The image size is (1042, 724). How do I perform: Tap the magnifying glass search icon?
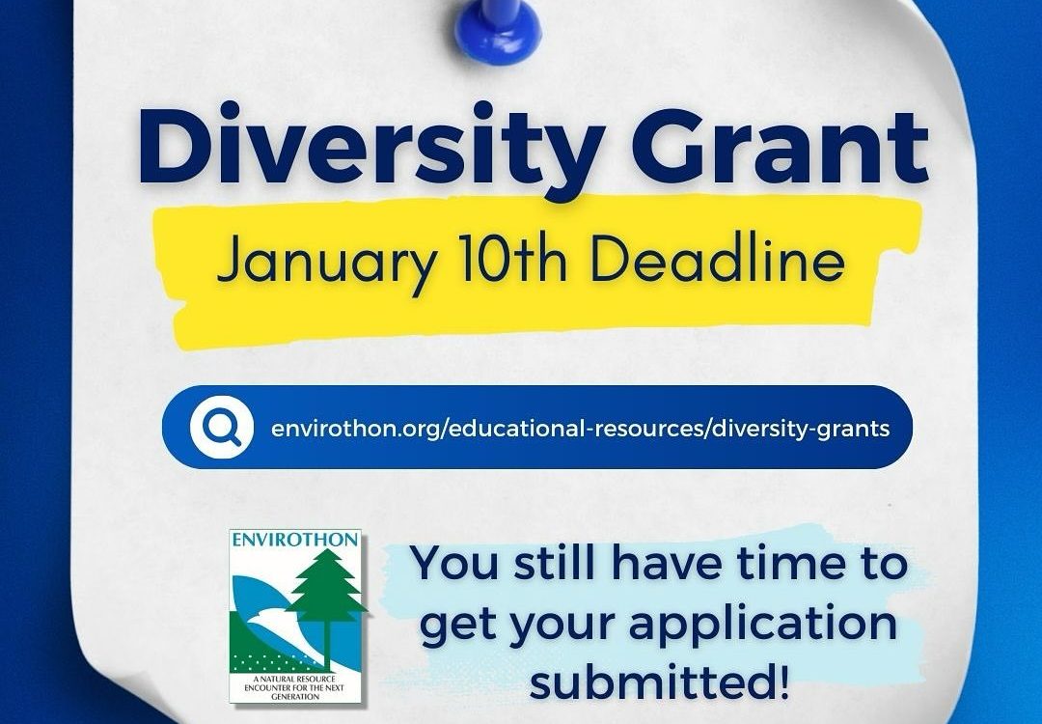[x=221, y=427]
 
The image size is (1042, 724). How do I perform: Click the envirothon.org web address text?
[x=580, y=429]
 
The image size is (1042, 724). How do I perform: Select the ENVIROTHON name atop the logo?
[x=295, y=540]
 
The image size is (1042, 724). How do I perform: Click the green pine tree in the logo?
[x=326, y=601]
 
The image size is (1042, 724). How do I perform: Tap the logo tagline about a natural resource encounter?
[x=295, y=687]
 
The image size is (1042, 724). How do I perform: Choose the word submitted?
[x=660, y=682]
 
